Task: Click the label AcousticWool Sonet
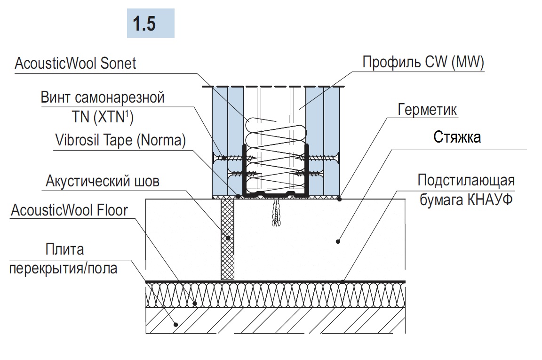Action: tap(75, 64)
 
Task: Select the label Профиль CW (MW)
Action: tap(423, 63)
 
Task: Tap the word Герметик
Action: tap(427, 110)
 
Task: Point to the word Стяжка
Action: tap(456, 138)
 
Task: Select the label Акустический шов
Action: tap(103, 181)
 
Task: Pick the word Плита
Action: tap(65, 248)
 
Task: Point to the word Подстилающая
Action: tap(466, 180)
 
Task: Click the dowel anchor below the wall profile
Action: tap(275, 213)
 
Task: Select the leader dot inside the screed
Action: tap(338, 241)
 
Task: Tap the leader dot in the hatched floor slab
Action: tap(176, 324)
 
